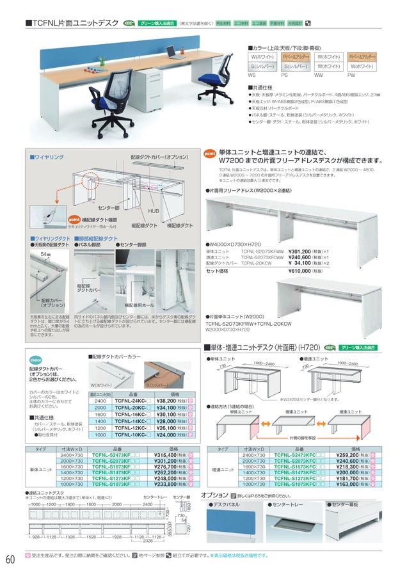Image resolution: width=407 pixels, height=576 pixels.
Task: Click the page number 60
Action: tap(10, 559)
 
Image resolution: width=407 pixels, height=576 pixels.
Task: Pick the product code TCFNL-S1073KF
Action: tap(113, 484)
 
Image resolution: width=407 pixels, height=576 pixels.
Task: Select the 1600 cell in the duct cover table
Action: tap(100, 414)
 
